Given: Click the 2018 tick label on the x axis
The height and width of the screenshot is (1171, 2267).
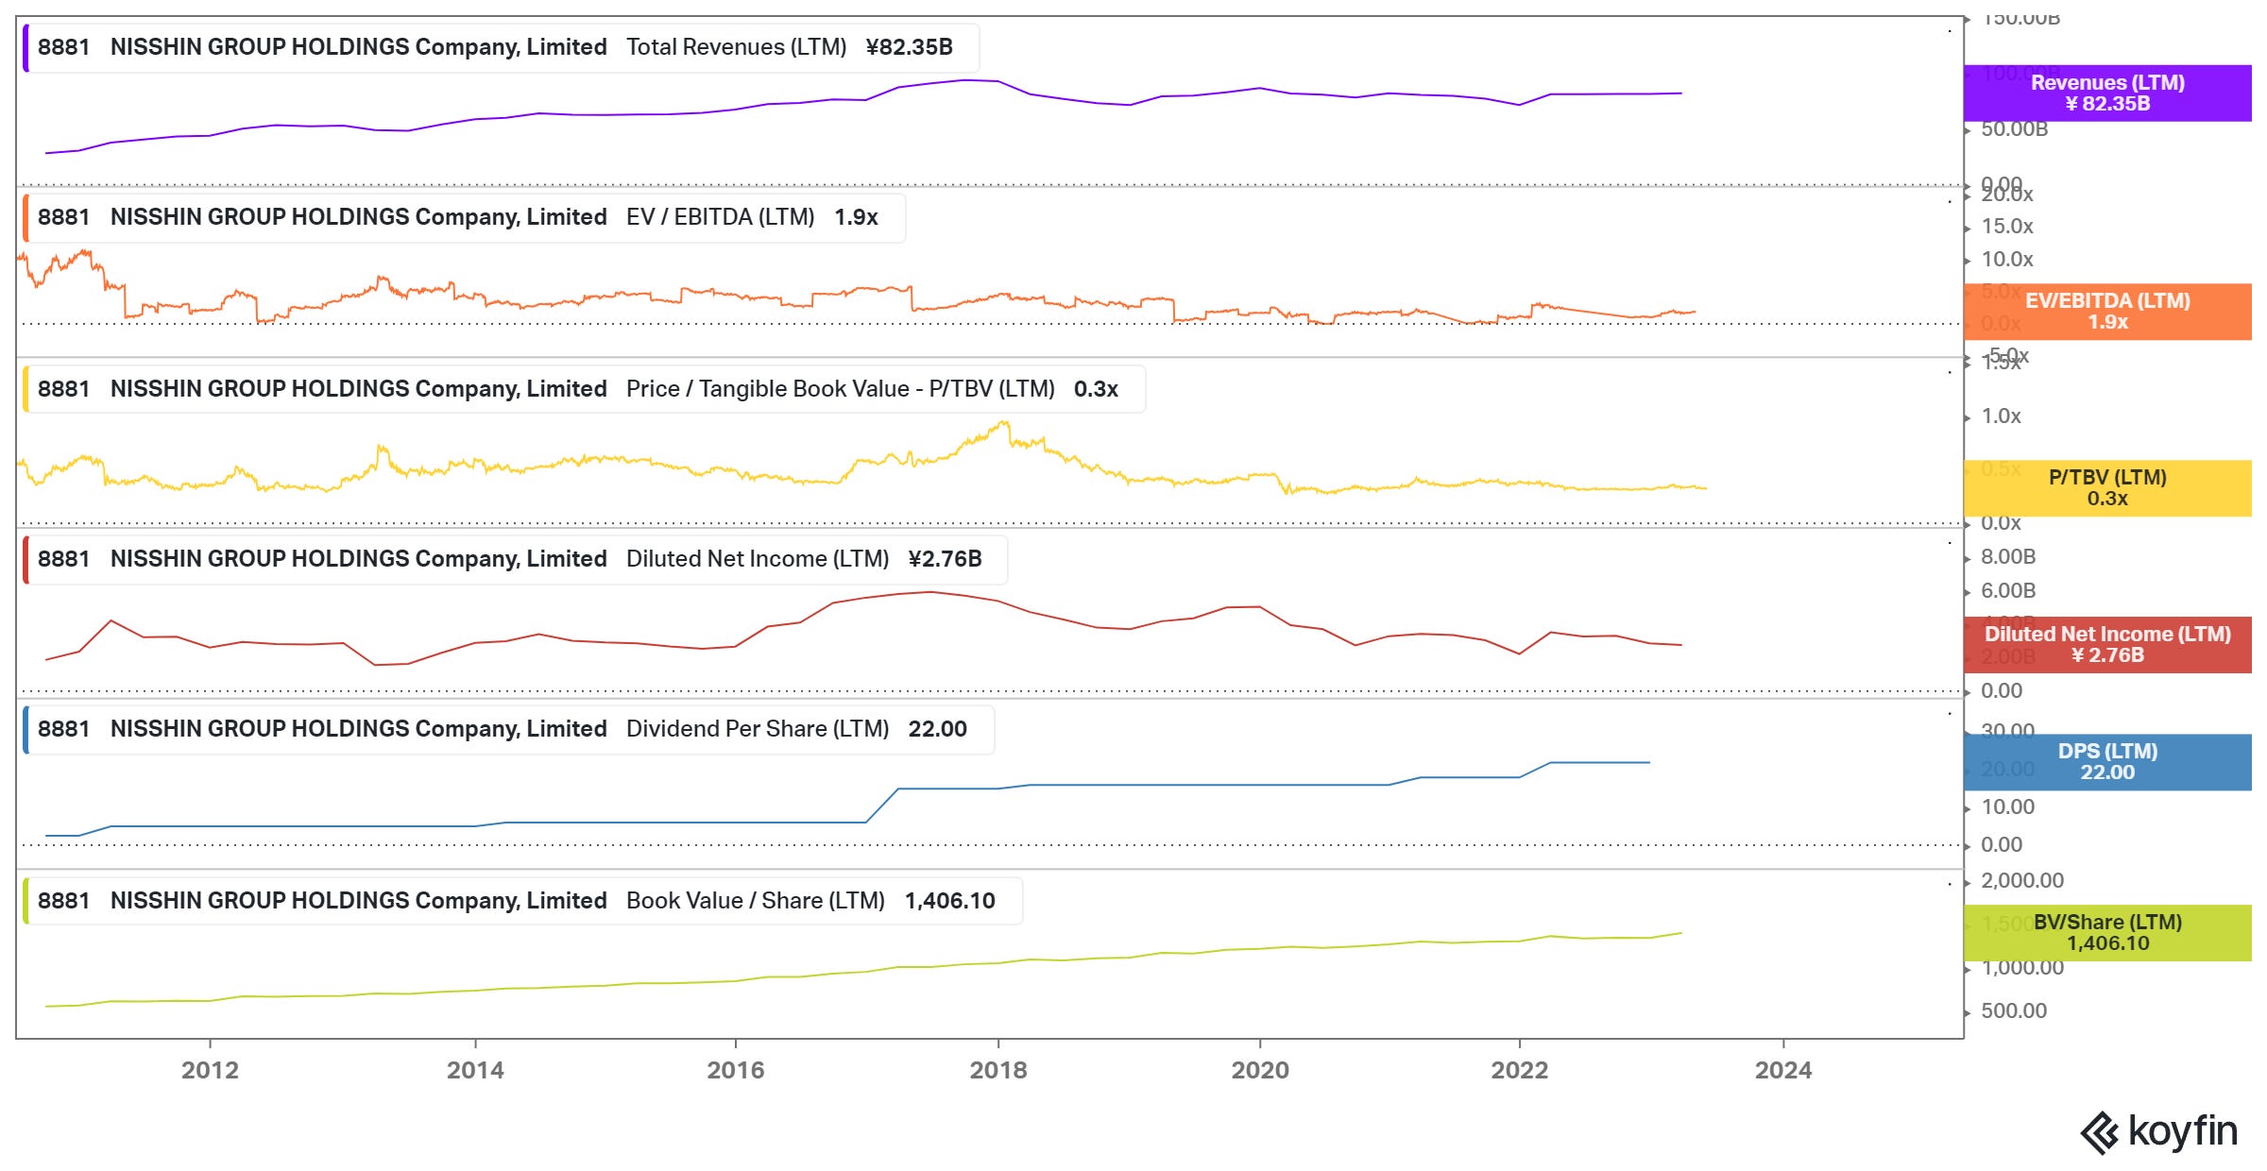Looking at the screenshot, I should click(x=998, y=1070).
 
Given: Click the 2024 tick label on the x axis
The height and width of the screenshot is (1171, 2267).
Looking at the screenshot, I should click(x=1783, y=1070).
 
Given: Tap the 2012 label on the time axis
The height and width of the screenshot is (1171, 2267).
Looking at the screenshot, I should click(x=210, y=1070).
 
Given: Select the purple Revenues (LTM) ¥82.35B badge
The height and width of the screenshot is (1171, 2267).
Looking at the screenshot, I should click(x=2107, y=93).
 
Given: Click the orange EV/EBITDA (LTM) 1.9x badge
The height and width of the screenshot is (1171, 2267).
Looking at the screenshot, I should click(x=2107, y=311).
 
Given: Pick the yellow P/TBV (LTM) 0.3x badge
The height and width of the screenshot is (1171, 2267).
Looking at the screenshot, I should click(x=2107, y=487).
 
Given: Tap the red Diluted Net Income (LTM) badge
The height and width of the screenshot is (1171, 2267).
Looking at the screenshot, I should click(x=2107, y=644).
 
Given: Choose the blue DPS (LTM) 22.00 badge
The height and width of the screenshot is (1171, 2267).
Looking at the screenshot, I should click(x=2107, y=761).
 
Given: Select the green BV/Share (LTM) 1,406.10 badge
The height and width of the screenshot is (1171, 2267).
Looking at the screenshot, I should click(x=2107, y=932).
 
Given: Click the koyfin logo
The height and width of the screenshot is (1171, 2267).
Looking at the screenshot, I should click(x=2159, y=1131).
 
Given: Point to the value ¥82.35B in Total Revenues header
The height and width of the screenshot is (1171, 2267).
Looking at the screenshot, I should click(x=909, y=47).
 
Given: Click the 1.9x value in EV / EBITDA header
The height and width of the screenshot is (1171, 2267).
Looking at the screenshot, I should click(x=856, y=217).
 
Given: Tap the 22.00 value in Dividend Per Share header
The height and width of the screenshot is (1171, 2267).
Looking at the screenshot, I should click(x=937, y=729).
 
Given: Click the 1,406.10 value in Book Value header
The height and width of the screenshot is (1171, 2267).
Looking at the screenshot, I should click(x=949, y=901).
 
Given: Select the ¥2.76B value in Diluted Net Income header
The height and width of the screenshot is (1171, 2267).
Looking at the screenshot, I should click(x=945, y=559).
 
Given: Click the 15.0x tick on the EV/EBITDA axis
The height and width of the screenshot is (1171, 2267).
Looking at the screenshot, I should click(x=2007, y=227).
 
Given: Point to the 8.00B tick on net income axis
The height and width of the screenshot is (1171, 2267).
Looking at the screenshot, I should click(x=2007, y=557).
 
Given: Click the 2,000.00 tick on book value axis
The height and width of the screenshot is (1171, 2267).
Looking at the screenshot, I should click(x=2021, y=880).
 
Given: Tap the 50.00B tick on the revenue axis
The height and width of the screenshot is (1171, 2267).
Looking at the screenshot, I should click(x=2014, y=129).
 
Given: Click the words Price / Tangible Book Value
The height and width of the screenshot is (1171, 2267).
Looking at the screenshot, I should click(x=767, y=389).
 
